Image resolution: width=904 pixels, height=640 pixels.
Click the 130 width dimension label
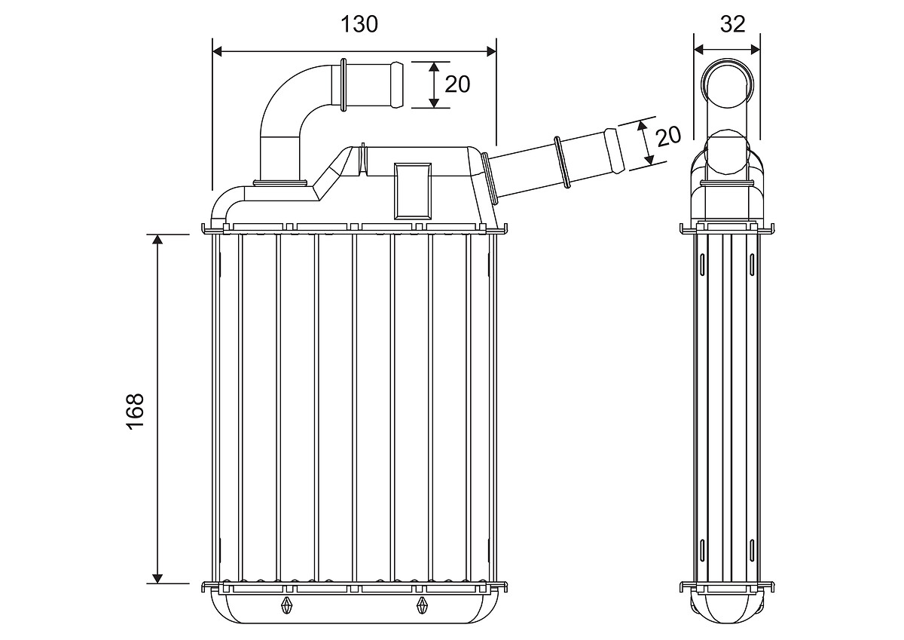coord(359,24)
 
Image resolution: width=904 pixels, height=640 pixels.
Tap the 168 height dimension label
coord(136,411)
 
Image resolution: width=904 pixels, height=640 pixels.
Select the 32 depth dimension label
coord(732,24)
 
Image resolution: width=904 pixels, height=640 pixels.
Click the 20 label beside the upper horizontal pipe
coord(457,84)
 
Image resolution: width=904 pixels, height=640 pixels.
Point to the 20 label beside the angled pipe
coord(669,136)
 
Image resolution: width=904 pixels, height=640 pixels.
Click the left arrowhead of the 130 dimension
coord(218,51)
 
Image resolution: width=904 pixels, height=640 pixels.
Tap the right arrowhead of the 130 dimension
coord(491,51)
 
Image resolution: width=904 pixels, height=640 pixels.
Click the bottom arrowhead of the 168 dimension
coord(157,578)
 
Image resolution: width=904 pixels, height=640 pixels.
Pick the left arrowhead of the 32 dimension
coord(698,50)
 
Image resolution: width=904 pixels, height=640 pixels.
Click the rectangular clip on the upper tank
coord(413,191)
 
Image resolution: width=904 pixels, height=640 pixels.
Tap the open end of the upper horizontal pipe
coord(397,84)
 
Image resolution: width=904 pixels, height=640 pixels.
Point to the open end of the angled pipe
coord(614,150)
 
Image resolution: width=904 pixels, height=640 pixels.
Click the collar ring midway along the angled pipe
coord(562,162)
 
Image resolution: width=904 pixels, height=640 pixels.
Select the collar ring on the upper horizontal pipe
coord(344,84)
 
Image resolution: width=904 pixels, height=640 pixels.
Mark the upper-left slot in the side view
coord(702,265)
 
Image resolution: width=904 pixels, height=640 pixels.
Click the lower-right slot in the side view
coord(752,550)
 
